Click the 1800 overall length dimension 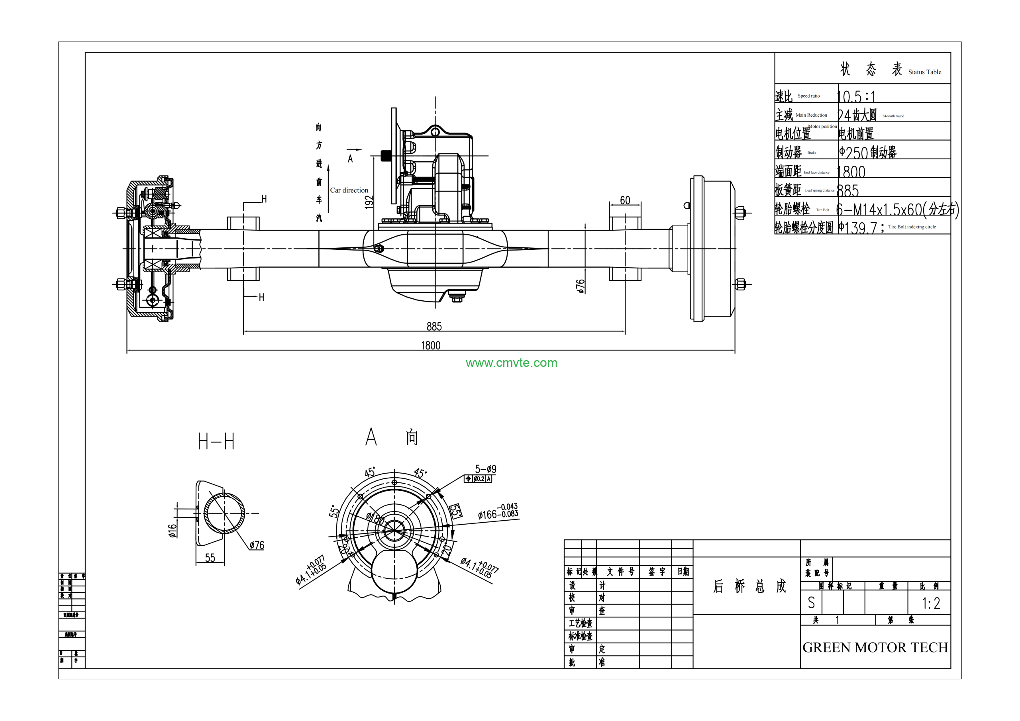[430, 345]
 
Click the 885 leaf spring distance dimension [434, 327]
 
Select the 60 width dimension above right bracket [625, 200]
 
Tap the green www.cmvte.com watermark [511, 363]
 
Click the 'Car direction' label [349, 190]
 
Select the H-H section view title [216, 442]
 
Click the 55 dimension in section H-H [210, 558]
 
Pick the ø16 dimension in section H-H [173, 531]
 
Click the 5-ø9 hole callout [486, 469]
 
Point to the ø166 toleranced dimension [498, 512]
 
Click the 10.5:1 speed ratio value [856, 96]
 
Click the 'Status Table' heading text [924, 72]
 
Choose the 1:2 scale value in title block [931, 603]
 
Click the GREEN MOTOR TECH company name [875, 648]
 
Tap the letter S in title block [811, 603]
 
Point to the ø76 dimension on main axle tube [581, 286]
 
